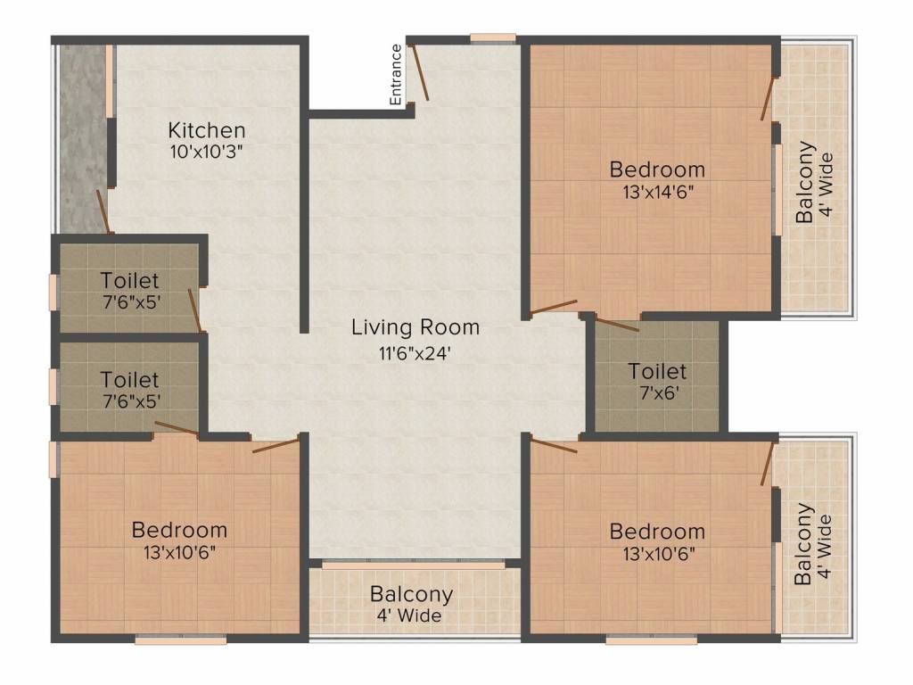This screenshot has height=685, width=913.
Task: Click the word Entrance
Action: tap(396, 75)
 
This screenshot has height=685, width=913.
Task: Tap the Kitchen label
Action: tap(207, 130)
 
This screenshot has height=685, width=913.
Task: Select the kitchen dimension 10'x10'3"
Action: tap(206, 152)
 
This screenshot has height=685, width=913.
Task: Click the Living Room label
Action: tap(415, 327)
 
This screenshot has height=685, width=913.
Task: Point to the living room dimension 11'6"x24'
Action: tap(415, 353)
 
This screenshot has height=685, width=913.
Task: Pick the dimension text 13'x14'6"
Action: tap(659, 192)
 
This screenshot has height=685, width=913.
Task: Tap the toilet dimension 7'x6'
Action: tap(659, 392)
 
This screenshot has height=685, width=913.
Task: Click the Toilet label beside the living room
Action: tap(657, 371)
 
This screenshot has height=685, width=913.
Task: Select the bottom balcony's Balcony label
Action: tap(412, 594)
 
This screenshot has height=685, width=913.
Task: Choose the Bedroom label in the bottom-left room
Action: tap(179, 530)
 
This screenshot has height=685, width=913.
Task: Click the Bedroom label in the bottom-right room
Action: tap(657, 532)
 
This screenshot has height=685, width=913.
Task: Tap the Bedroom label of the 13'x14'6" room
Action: tap(657, 169)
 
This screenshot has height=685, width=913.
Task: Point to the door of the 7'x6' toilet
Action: tap(617, 324)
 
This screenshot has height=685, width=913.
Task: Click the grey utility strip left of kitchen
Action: tap(83, 138)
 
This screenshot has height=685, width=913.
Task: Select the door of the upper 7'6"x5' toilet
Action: tap(195, 310)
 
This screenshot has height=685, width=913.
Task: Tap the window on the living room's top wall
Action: tap(493, 38)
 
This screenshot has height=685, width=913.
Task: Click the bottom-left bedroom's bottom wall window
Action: tap(180, 640)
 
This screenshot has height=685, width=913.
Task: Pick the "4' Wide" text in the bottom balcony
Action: tap(408, 615)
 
